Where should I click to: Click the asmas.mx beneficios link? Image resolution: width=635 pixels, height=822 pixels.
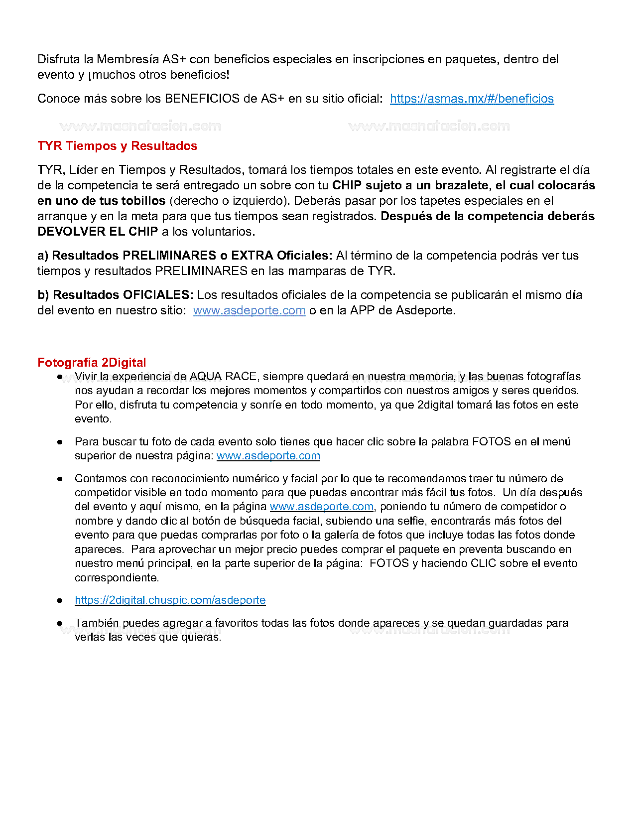[472, 99]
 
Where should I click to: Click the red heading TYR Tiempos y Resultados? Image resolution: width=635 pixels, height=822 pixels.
[117, 146]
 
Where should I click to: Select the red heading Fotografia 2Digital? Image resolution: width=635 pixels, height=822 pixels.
[92, 363]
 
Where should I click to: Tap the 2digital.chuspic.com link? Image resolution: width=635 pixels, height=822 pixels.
[170, 600]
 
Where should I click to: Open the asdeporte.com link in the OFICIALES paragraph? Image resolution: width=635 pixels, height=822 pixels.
[249, 310]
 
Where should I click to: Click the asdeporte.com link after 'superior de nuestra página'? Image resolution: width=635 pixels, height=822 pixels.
[268, 456]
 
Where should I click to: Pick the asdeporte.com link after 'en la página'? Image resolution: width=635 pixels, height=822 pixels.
[321, 507]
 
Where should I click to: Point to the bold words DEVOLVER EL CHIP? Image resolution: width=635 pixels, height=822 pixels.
[98, 232]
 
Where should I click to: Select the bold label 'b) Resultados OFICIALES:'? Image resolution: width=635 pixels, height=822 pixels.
[115, 295]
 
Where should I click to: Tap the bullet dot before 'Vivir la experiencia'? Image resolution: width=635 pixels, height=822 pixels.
[60, 377]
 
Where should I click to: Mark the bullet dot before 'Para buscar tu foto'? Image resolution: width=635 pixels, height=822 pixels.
[60, 442]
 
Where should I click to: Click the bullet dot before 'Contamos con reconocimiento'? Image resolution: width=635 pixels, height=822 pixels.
[60, 479]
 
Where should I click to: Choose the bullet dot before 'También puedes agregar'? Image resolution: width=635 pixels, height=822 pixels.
[60, 623]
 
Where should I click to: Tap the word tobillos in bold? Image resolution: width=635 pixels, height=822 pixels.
[143, 201]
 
